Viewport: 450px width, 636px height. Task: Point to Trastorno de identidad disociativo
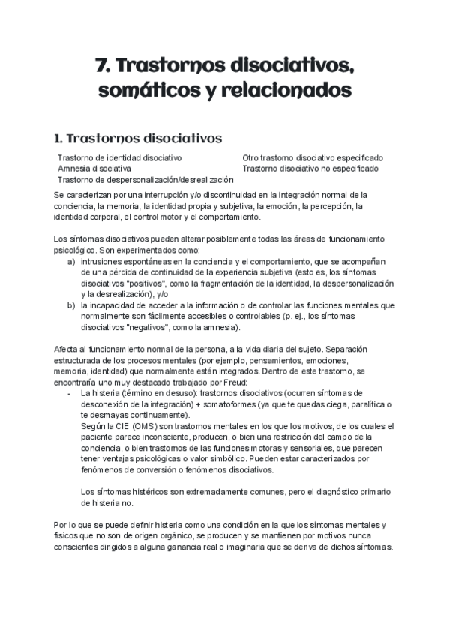(x=120, y=158)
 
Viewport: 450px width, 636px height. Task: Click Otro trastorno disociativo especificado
(x=312, y=158)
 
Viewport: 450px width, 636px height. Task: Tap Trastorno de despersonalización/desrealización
(x=145, y=180)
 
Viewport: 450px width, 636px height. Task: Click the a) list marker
(x=71, y=262)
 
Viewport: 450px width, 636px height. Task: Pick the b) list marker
(x=71, y=305)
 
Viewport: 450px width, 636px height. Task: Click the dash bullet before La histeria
(x=70, y=392)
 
